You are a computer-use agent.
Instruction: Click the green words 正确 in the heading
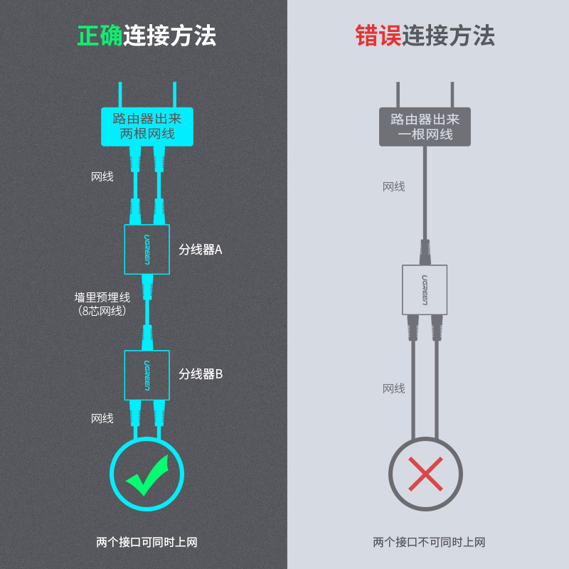pos(100,36)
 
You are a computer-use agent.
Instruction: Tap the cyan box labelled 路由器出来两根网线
pos(147,126)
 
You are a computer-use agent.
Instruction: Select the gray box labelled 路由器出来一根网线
pos(425,126)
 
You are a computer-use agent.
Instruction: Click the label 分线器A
pos(201,250)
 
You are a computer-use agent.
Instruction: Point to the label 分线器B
pos(201,374)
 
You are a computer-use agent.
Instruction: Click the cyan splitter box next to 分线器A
pos(147,250)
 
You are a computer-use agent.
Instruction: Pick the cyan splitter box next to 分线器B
pos(147,374)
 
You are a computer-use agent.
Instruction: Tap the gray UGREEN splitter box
pos(425,289)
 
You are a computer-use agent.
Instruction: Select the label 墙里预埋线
pos(102,297)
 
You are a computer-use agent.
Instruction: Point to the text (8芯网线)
pos(102,310)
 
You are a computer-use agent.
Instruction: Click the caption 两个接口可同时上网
pos(147,542)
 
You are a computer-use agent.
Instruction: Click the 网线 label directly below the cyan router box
pos(102,176)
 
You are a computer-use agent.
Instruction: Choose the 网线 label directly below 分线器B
pos(102,418)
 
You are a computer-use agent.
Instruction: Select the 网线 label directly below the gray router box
pos(393,186)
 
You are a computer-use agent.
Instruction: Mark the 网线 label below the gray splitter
pos(393,388)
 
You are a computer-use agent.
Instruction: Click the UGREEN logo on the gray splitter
pos(425,289)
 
